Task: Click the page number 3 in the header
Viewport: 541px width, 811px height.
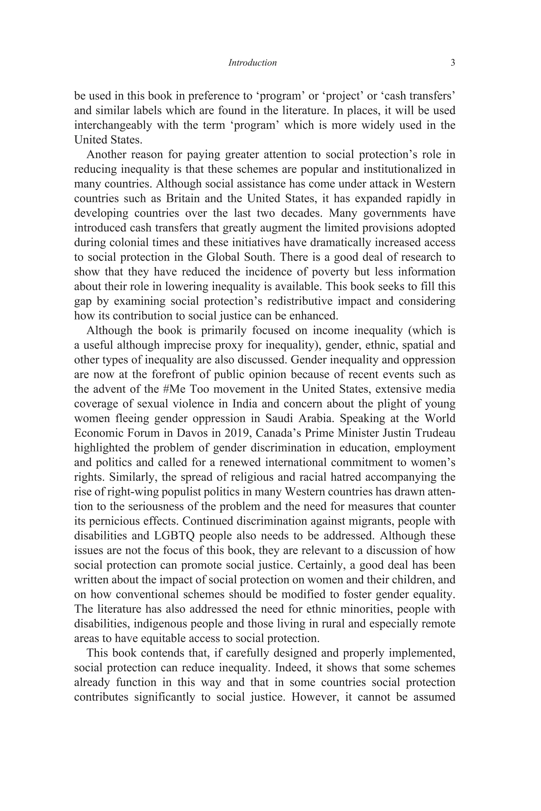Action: pyautogui.click(x=453, y=63)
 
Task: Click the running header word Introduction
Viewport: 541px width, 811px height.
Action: pyautogui.click(x=253, y=63)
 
